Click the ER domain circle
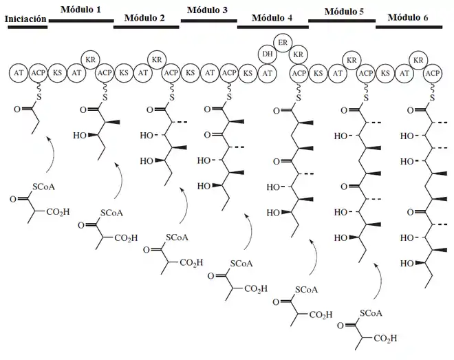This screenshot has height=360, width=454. (283, 43)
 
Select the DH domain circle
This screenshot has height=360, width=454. (268, 54)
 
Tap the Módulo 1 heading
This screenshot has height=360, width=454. (80, 10)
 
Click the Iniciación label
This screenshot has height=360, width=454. (25, 19)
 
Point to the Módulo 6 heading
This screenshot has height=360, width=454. (408, 17)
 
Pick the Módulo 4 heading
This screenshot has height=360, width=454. (272, 18)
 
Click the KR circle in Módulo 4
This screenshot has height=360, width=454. (299, 54)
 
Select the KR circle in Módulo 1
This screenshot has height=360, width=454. (90, 60)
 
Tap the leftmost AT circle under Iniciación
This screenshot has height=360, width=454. (19, 73)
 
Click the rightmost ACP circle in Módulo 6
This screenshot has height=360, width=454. (432, 73)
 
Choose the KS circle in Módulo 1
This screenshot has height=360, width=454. (57, 73)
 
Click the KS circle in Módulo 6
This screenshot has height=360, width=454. (385, 73)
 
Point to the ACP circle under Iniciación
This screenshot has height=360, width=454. (39, 73)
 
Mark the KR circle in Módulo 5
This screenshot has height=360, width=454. (352, 61)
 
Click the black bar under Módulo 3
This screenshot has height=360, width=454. (208, 21)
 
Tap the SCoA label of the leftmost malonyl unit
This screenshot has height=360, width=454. (43, 187)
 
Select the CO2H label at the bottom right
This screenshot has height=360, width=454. (385, 338)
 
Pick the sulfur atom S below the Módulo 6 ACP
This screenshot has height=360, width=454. (432, 98)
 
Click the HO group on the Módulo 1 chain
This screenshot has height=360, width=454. (80, 135)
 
